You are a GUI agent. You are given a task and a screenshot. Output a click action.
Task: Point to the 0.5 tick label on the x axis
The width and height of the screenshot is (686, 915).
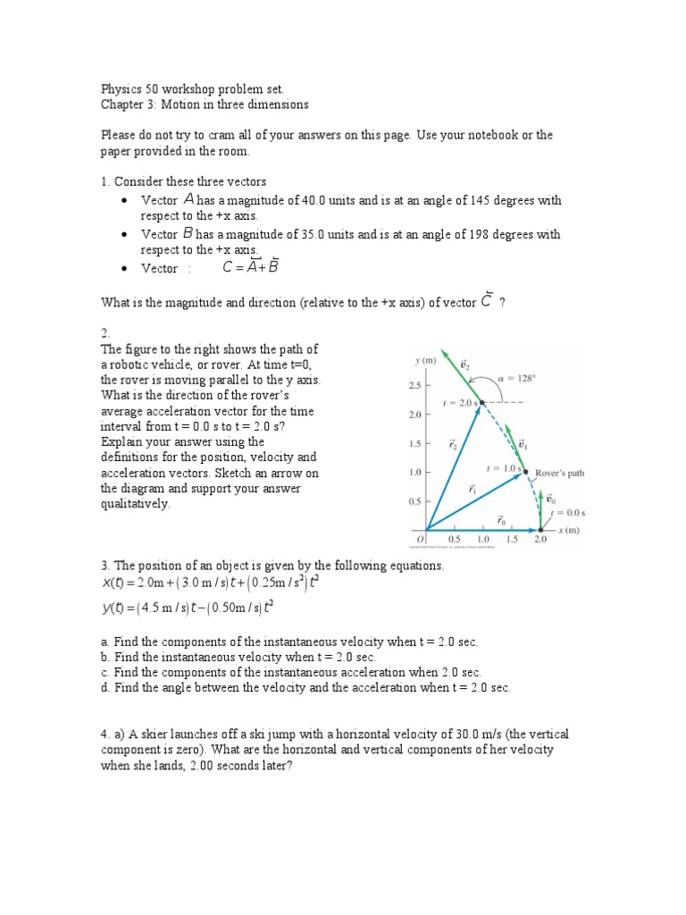(454, 540)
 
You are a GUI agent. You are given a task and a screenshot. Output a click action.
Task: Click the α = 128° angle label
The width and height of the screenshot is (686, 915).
(516, 378)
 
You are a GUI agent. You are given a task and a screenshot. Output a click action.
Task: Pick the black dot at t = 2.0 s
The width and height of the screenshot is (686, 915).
(481, 403)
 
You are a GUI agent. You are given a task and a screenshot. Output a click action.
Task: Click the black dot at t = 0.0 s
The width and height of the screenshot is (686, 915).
(540, 528)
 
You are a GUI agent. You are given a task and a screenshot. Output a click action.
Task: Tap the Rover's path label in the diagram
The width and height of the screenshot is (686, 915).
(560, 473)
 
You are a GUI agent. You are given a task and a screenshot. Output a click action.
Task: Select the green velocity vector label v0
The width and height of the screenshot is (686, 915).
(551, 499)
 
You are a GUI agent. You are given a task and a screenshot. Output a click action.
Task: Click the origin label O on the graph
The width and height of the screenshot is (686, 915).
(421, 539)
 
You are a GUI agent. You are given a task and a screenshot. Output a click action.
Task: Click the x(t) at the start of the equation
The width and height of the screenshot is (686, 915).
(113, 583)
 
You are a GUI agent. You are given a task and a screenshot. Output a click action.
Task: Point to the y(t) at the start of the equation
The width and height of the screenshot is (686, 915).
(113, 609)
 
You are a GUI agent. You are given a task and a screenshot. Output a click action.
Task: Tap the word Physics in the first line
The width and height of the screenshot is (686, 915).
(119, 89)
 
